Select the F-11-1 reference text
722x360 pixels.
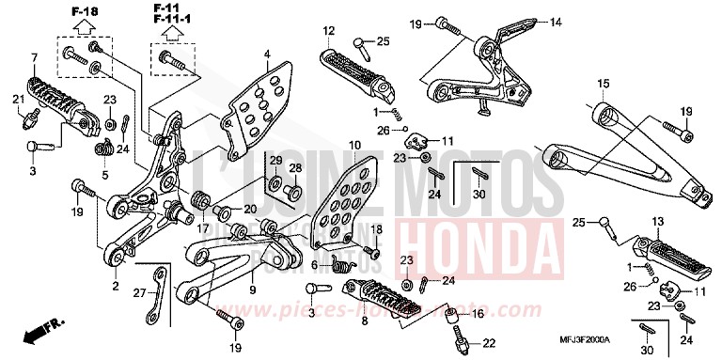pos(173,19)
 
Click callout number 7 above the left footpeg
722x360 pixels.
pos(34,58)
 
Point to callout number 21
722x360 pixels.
pos(19,100)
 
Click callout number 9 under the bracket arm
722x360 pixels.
pos(252,290)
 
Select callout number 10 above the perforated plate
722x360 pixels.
pos(353,146)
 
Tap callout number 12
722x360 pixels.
pos(329,31)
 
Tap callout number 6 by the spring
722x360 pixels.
pos(315,264)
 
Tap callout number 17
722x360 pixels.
pos(203,227)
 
